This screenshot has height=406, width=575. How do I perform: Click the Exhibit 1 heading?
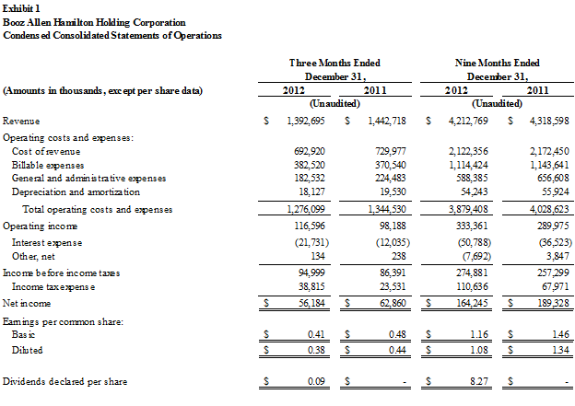(21, 8)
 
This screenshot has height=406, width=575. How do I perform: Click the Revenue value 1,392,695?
(306, 121)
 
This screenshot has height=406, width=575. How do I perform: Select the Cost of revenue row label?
(46, 151)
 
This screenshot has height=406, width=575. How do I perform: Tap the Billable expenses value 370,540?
(390, 165)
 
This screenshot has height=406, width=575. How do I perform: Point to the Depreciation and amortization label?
(76, 192)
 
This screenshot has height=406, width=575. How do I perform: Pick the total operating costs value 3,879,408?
(468, 209)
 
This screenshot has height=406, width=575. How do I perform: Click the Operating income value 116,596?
(310, 226)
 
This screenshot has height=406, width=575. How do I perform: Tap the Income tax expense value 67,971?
(556, 286)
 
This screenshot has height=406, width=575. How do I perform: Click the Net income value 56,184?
(311, 304)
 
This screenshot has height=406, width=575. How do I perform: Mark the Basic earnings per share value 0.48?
(397, 334)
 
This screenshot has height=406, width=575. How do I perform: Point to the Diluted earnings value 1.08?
(479, 350)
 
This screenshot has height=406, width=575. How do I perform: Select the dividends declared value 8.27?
(479, 381)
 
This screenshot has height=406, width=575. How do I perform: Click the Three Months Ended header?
(334, 63)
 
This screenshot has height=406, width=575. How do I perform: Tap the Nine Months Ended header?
(498, 63)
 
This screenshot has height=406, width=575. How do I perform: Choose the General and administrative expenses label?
(88, 178)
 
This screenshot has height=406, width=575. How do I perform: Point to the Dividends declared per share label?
(65, 381)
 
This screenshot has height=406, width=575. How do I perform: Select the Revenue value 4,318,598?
(549, 121)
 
